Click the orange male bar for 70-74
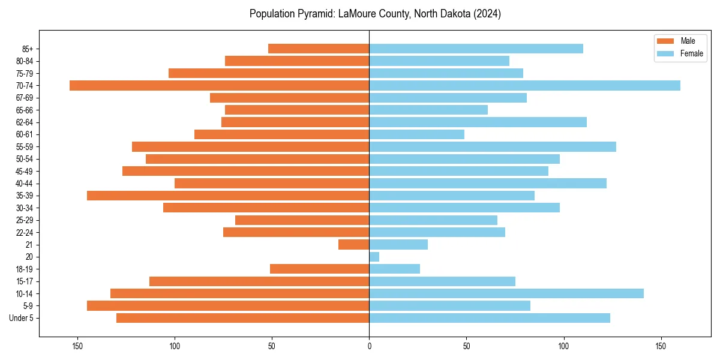[219, 85]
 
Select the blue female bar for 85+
[476, 49]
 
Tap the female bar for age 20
[374, 257]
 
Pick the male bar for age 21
[354, 244]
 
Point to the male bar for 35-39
[228, 196]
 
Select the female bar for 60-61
[416, 134]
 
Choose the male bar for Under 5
[242, 318]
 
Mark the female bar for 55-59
[493, 146]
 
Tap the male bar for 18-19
[320, 269]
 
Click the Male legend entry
[688, 41]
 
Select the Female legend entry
[691, 53]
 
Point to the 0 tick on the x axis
[369, 346]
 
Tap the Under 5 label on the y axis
[22, 318]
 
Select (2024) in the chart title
[487, 14]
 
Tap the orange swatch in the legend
[665, 41]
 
